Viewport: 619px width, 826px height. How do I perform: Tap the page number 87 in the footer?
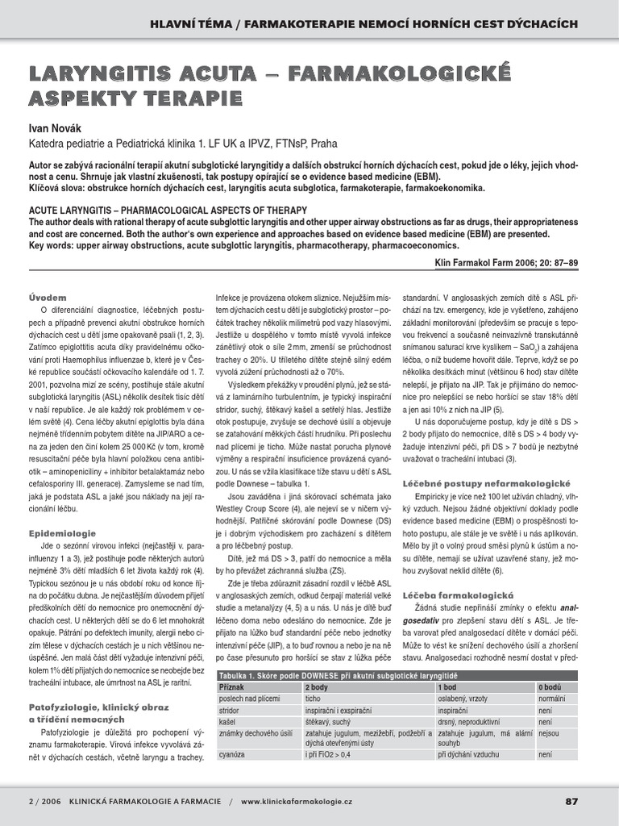point(572,801)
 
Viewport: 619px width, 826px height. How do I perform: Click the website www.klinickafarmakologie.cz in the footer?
point(297,801)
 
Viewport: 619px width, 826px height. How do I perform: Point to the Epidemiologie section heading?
point(63,533)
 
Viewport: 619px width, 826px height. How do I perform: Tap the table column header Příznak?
point(235,686)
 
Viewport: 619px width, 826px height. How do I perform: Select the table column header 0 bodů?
point(553,686)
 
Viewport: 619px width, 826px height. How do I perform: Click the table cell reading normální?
point(552,697)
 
